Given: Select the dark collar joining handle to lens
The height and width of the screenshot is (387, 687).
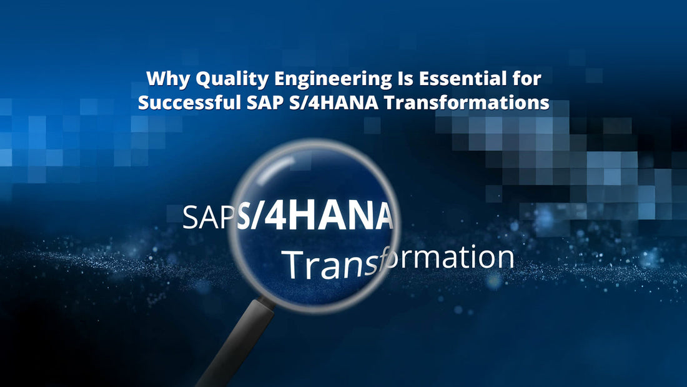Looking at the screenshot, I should coord(267,303).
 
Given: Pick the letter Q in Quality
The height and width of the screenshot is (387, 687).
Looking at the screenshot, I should coord(202,80).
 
